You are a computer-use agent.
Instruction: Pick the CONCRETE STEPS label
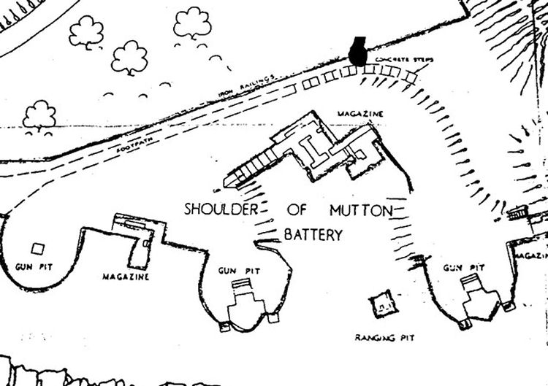[394, 58]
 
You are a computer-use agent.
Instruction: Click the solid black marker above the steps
[357, 51]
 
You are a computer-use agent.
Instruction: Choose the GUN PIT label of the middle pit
[237, 271]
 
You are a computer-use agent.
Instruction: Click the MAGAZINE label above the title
[360, 115]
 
